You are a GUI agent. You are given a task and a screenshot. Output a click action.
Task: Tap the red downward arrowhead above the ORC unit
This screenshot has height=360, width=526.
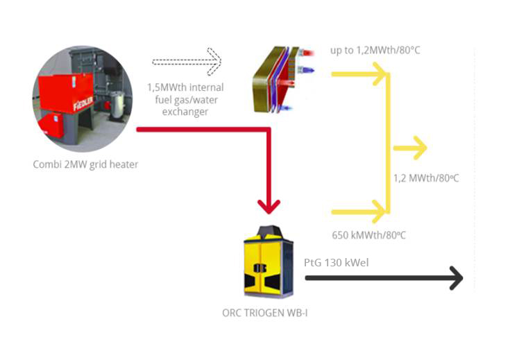point(269,205)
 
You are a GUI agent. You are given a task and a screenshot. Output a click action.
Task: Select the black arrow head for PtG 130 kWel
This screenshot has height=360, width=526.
point(455,277)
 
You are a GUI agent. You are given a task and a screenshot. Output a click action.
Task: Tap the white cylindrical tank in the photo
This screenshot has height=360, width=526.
point(119,105)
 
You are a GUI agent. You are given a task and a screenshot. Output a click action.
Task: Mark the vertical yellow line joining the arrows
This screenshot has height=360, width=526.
point(389,142)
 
